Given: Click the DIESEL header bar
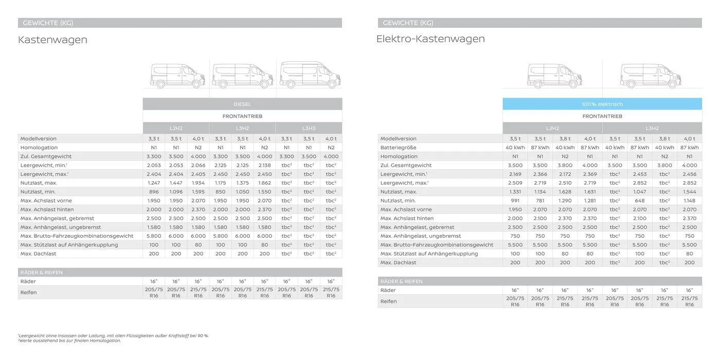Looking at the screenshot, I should [242, 104].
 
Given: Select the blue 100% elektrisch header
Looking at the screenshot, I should [602, 104].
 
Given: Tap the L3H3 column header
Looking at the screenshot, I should [309, 128].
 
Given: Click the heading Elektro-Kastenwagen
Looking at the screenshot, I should [430, 39].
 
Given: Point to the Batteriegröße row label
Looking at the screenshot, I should [399, 148].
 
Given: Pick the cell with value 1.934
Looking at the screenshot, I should [198, 183].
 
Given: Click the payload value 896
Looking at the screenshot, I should [154, 191].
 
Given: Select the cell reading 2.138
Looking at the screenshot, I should [264, 165].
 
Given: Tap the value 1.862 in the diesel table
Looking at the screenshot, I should [264, 183].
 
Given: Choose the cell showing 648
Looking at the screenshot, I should [639, 201].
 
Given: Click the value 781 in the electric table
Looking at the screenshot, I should [540, 201].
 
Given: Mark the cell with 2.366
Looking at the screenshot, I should [540, 174].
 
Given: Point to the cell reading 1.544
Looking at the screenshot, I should [689, 191].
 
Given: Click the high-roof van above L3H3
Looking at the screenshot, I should [310, 75].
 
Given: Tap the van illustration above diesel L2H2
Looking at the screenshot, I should [177, 76].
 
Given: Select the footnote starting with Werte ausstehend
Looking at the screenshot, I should [70, 340].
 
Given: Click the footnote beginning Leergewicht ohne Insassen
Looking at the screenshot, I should [113, 335].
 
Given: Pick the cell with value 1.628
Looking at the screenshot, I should [565, 191].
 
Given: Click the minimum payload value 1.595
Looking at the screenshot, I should [198, 191].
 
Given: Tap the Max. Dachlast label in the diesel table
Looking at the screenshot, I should [39, 254].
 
